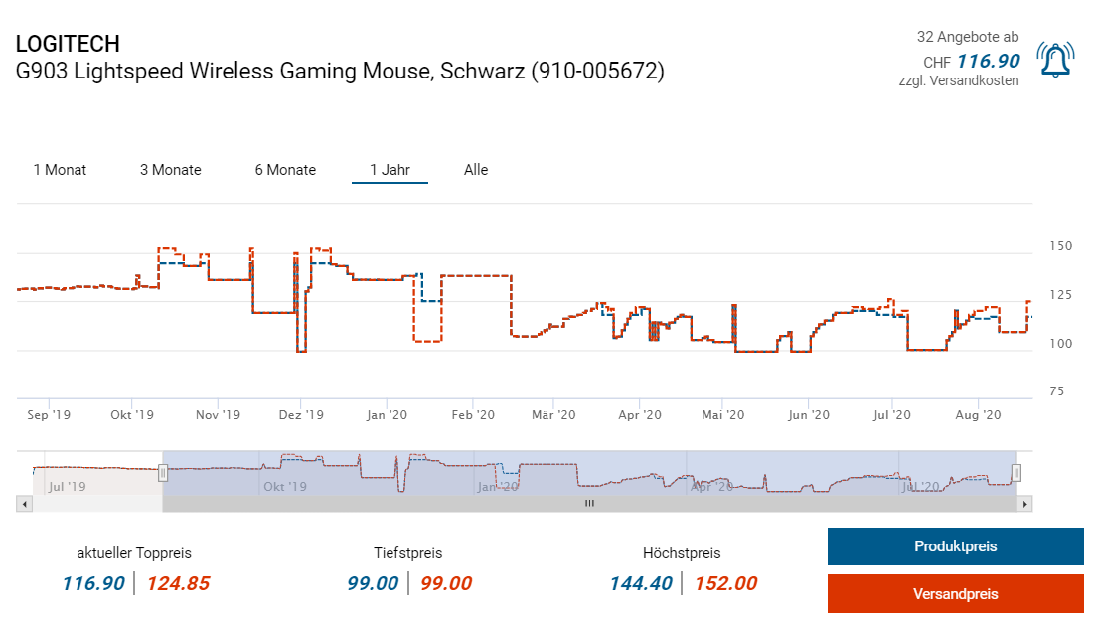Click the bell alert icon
coord(1055,60)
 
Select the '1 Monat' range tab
coord(60,170)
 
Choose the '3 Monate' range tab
coord(171,170)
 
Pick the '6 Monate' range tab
coord(285,170)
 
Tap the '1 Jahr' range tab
coord(390,170)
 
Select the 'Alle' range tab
coord(476,170)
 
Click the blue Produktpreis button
coord(955,546)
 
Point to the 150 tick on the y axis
coord(1061,246)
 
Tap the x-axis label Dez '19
coord(301,415)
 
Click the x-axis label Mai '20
coord(722,415)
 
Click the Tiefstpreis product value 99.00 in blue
coord(373,584)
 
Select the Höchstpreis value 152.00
coord(725,584)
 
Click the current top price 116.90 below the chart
coord(93,584)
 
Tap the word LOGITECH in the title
coord(68,44)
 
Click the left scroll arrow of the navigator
coord(23,505)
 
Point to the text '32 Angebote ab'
coord(968,37)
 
